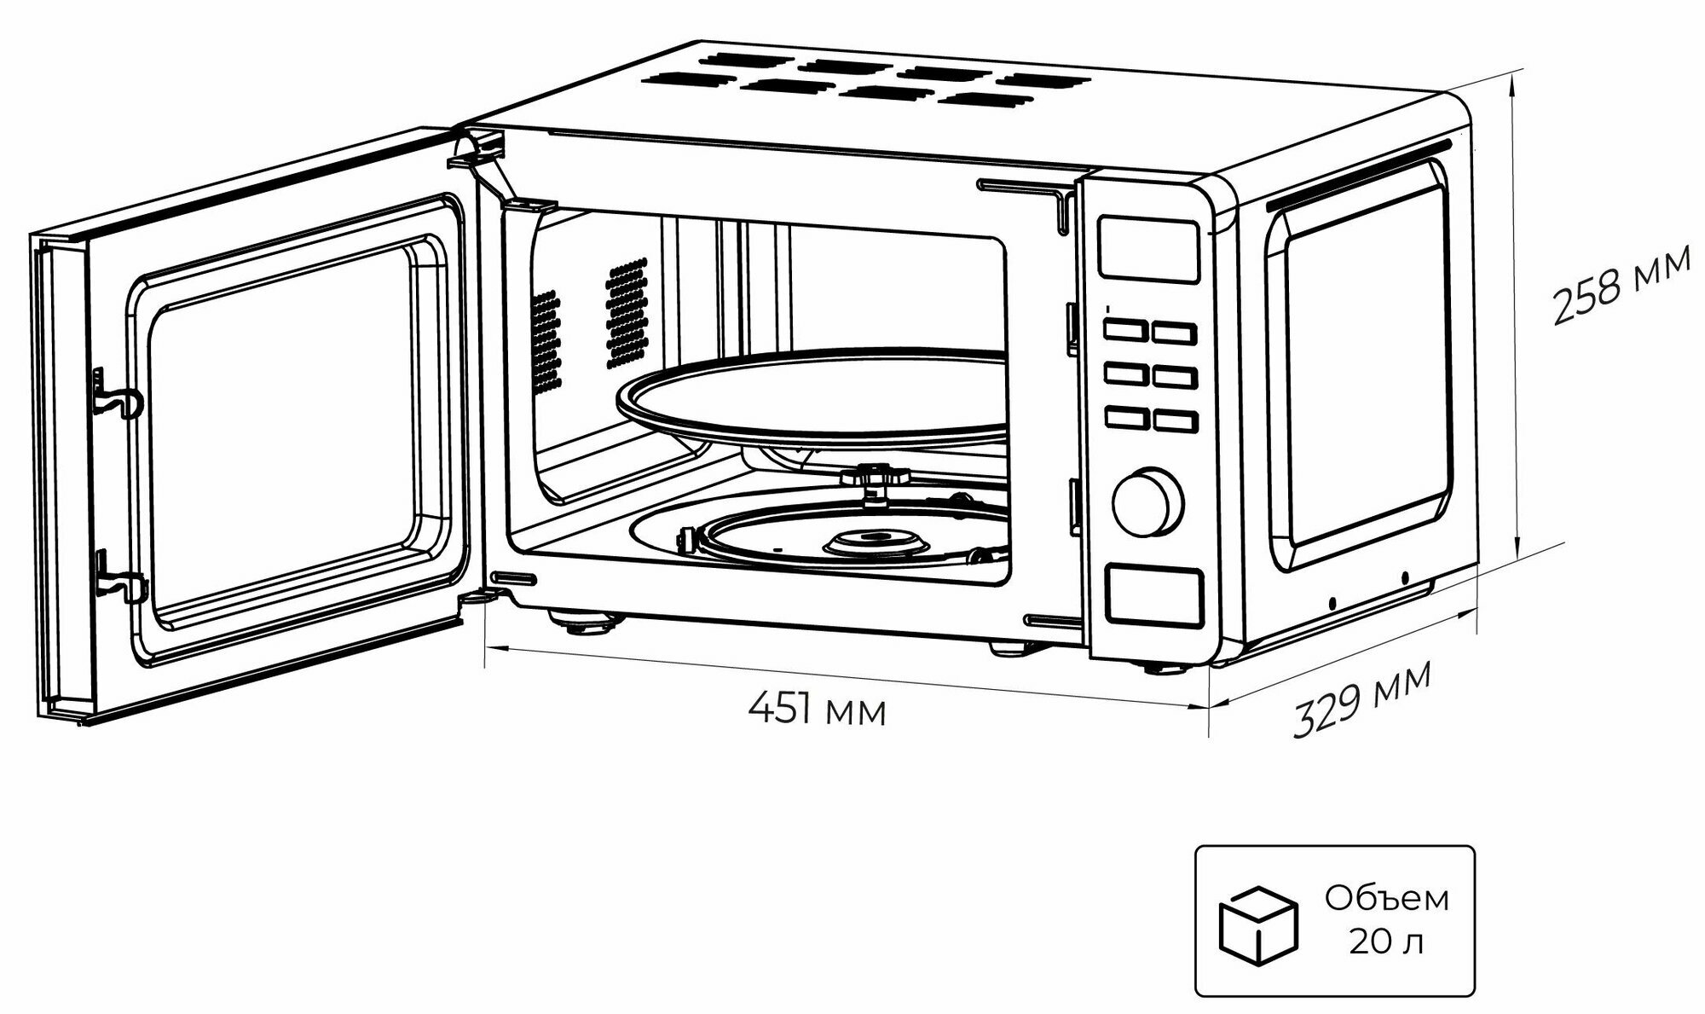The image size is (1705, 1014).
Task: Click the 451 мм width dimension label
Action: coord(817,709)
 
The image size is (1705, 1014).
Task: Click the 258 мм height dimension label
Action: coord(1620,285)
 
